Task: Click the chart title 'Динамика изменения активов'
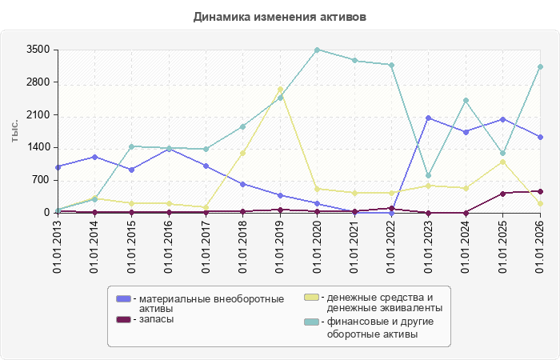pyautogui.click(x=280, y=17)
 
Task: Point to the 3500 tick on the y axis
pyautogui.click(x=38, y=50)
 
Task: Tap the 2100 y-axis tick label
pyautogui.click(x=38, y=115)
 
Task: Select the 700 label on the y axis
pyautogui.click(x=42, y=180)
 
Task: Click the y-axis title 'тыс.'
pyautogui.click(x=14, y=131)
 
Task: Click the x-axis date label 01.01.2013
pyautogui.click(x=57, y=246)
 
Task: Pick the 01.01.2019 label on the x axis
pyautogui.click(x=280, y=246)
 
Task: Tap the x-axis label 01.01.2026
pyautogui.click(x=540, y=246)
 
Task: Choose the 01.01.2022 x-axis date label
pyautogui.click(x=391, y=246)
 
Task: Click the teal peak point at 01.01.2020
pyautogui.click(x=317, y=50)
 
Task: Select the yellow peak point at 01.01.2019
pyautogui.click(x=280, y=90)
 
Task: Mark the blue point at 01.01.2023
pyautogui.click(x=429, y=118)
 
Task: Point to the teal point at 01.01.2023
pyautogui.click(x=429, y=176)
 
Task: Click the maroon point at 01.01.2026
pyautogui.click(x=540, y=192)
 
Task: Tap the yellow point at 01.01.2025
pyautogui.click(x=503, y=162)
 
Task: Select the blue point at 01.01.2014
pyautogui.click(x=94, y=157)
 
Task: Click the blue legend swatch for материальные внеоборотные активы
pyautogui.click(x=123, y=298)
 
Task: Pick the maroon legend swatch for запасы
pyautogui.click(x=123, y=319)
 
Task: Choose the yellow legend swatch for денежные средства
pyautogui.click(x=311, y=297)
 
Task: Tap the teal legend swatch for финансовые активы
pyautogui.click(x=311, y=322)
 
